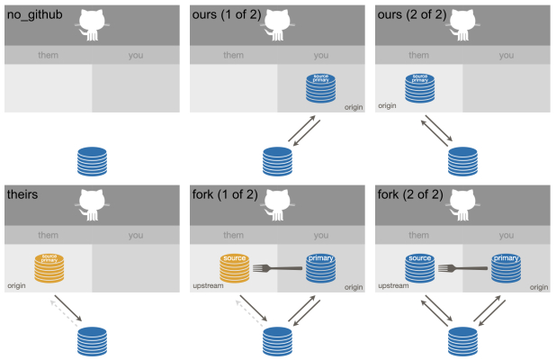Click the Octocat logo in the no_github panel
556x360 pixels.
[92, 25]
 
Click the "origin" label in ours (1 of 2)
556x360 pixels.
[352, 108]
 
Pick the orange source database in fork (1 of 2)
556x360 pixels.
[235, 268]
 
